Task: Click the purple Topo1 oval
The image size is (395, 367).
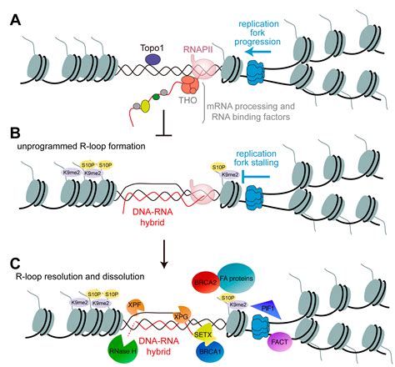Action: pos(152,59)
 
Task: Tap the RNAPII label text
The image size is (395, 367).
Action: pos(197,50)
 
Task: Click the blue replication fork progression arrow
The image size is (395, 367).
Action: pos(258,52)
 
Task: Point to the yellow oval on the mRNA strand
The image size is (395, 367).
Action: pos(145,106)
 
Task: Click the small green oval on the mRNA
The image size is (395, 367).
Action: pos(156,97)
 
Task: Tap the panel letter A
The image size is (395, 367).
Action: pos(16,20)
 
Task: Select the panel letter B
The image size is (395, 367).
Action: pos(15,133)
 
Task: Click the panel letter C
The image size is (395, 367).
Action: pos(15,264)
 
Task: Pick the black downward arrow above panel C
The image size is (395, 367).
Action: pos(164,254)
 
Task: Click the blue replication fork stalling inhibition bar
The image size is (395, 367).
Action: pos(256,176)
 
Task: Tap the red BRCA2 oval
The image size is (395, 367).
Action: pos(206,283)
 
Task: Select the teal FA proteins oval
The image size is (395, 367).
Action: pos(236,278)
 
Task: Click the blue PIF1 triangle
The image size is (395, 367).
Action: pos(267,308)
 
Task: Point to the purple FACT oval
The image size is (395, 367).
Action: pos(280,342)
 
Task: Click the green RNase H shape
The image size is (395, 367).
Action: pos(122,349)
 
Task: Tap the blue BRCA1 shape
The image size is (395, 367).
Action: pos(209,351)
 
